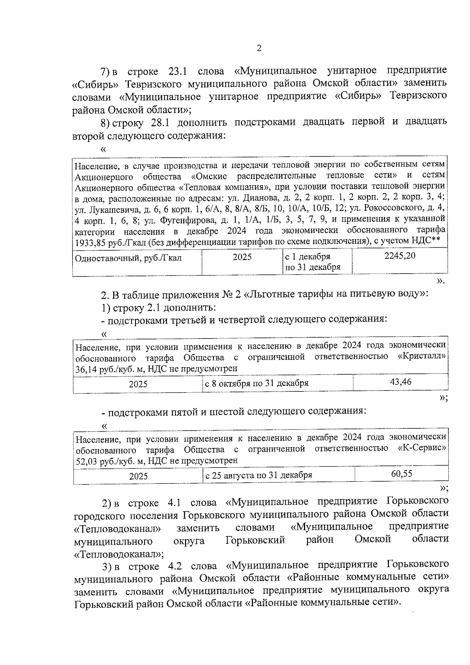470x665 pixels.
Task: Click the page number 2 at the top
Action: tap(259, 48)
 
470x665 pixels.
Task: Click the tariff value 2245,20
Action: tap(399, 256)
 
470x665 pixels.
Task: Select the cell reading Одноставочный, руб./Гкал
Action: tap(128, 258)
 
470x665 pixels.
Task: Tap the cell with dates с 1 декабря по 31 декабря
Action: tap(313, 262)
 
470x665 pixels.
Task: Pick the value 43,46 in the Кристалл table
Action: tap(401, 382)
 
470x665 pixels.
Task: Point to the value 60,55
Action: tap(401, 473)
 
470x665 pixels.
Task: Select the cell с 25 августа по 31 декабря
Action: tap(258, 475)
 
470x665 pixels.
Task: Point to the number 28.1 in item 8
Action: tap(159, 123)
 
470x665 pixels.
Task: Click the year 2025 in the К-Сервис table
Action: tap(138, 476)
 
